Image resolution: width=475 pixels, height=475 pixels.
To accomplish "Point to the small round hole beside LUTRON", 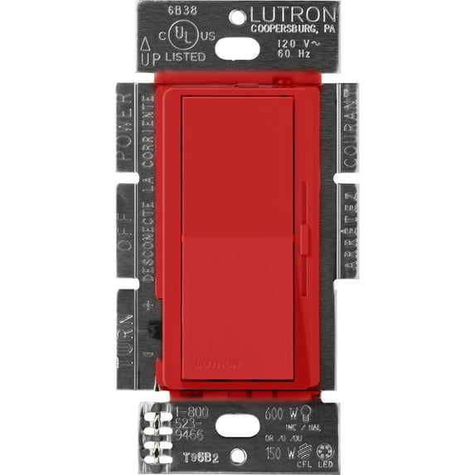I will [238, 16].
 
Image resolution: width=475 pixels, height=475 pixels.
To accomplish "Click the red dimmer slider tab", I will [304, 240].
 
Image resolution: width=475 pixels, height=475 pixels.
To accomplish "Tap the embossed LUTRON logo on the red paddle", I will [218, 363].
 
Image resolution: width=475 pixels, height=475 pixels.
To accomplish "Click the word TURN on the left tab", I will [127, 341].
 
